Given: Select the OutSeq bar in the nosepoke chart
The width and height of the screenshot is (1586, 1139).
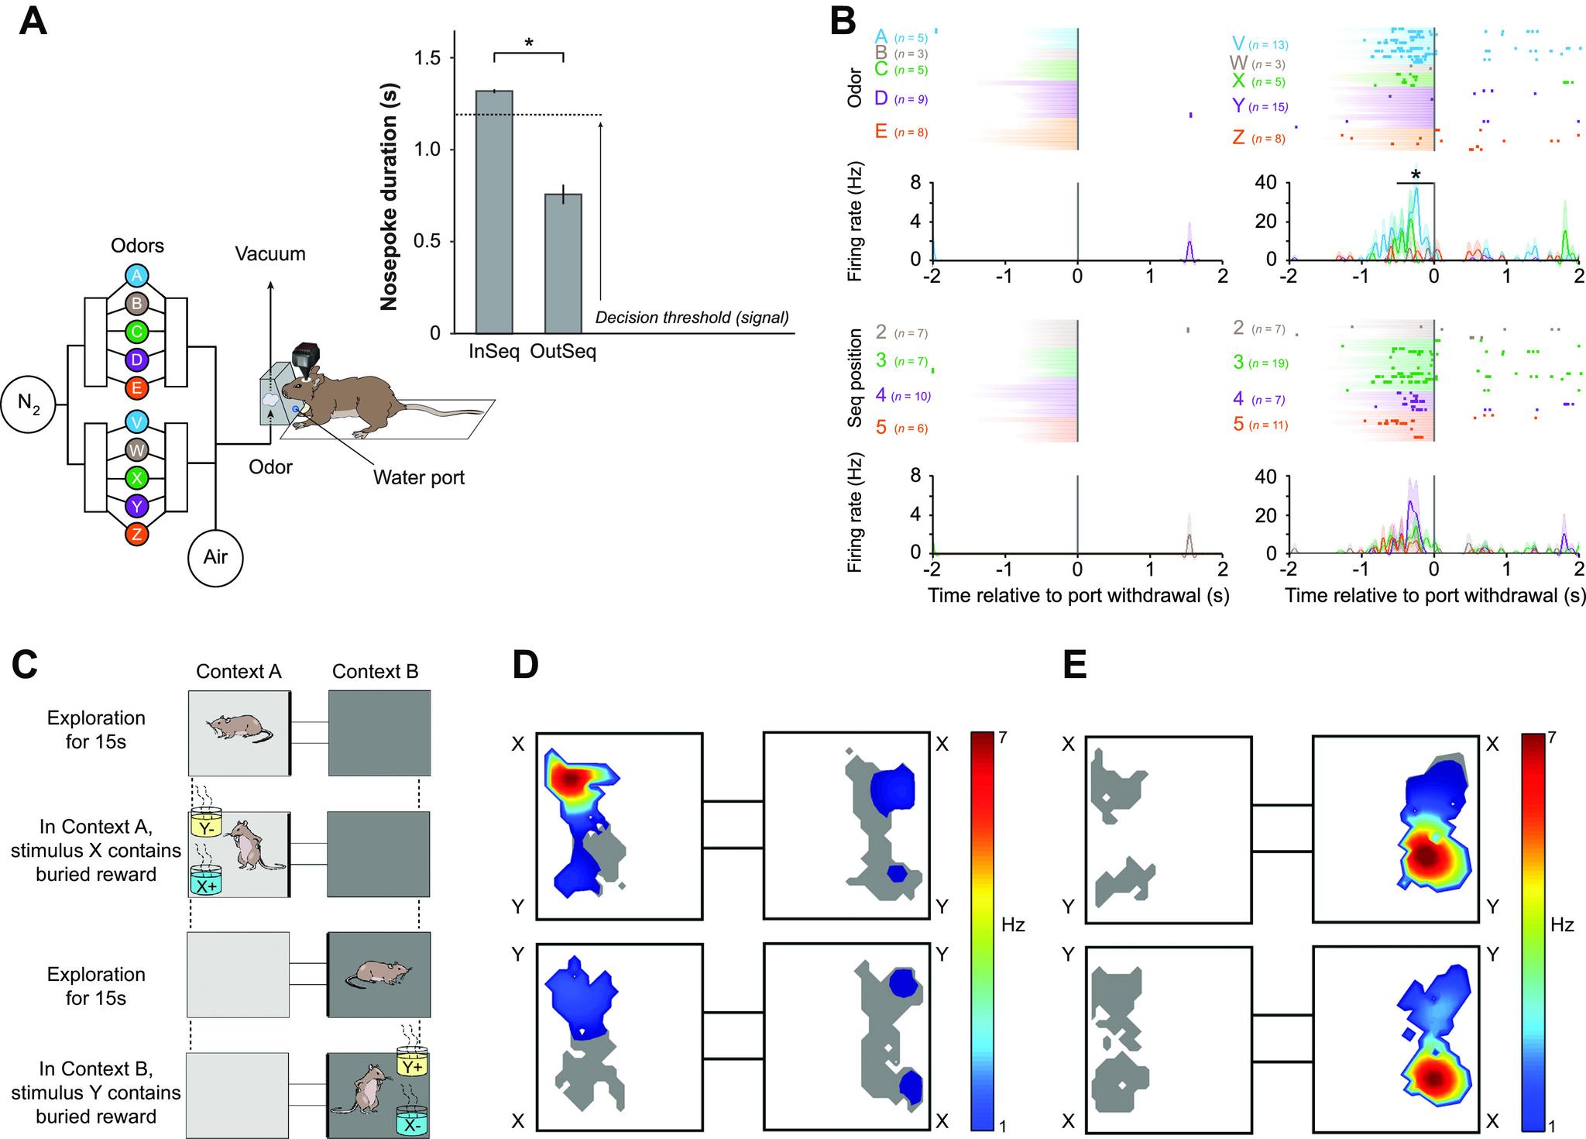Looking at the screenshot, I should [563, 263].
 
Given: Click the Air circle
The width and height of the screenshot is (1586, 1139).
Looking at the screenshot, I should [215, 556].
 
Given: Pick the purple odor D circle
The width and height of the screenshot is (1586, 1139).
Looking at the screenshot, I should [136, 360].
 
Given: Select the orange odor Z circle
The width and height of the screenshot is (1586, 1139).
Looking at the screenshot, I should [136, 534].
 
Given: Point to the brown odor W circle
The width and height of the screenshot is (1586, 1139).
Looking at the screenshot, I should [136, 449].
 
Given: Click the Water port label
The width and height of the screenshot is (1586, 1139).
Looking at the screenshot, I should [419, 477].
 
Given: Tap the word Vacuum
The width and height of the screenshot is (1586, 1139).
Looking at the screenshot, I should [270, 254].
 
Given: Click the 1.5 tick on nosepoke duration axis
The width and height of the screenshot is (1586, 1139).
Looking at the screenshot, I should [424, 59].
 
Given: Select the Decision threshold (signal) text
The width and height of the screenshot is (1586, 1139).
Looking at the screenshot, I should [692, 318].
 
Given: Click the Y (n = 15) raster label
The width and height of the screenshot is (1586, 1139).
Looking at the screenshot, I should [1258, 107].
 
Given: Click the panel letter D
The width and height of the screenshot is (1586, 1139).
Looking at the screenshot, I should [525, 666].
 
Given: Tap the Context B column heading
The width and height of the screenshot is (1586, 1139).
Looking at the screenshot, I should [375, 671].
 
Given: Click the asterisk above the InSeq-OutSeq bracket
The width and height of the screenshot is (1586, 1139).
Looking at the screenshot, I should [529, 43].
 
